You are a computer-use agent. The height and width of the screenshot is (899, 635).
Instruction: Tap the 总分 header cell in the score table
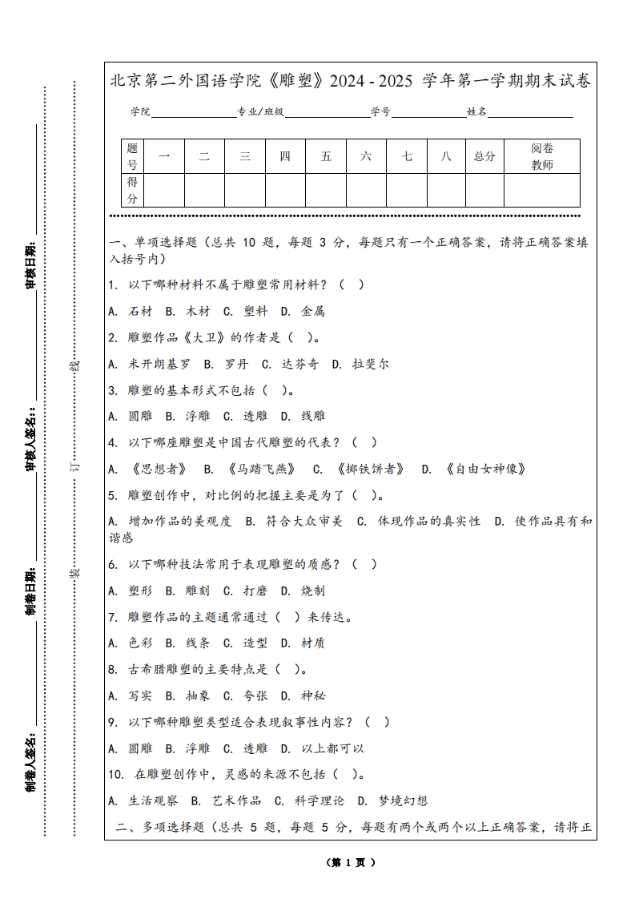[x=484, y=156]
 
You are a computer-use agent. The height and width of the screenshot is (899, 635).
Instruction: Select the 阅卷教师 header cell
[x=542, y=156]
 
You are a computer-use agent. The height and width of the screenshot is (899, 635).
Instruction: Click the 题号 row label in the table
[x=133, y=156]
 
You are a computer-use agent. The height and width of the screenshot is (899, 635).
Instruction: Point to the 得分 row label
[x=133, y=190]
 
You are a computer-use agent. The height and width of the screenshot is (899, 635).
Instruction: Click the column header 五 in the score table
[x=326, y=156]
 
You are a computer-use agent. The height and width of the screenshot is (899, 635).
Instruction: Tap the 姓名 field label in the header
[x=477, y=112]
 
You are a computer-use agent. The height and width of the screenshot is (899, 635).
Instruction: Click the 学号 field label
[x=380, y=112]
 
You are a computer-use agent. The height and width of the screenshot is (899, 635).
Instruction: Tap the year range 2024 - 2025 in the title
[x=371, y=81]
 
